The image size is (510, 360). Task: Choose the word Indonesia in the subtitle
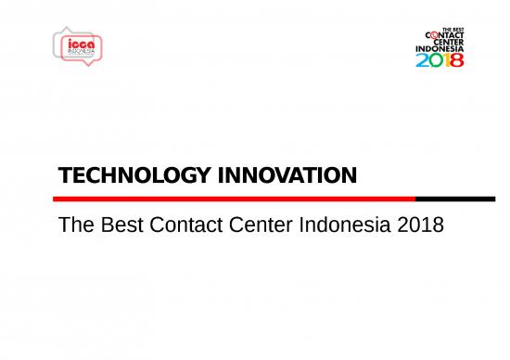click(347, 224)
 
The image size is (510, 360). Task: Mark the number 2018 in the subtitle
click(420, 224)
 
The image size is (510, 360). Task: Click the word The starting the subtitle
click(74, 224)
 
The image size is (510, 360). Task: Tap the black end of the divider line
click(454, 198)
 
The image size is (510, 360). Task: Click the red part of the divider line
click(232, 198)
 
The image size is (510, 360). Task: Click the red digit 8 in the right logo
click(457, 59)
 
